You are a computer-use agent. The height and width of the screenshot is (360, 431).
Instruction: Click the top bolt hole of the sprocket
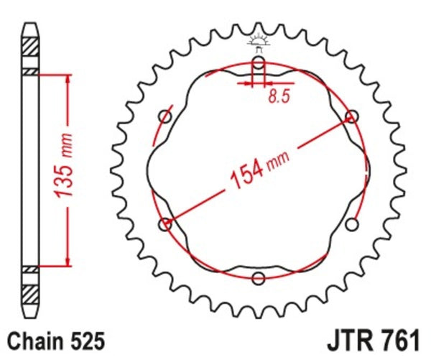[x=259, y=65]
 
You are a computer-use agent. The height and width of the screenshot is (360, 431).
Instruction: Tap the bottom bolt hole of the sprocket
[x=259, y=278]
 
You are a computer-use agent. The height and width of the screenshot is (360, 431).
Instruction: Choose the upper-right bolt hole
[x=351, y=116]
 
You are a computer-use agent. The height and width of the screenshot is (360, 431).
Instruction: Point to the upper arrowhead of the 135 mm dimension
[x=68, y=78]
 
